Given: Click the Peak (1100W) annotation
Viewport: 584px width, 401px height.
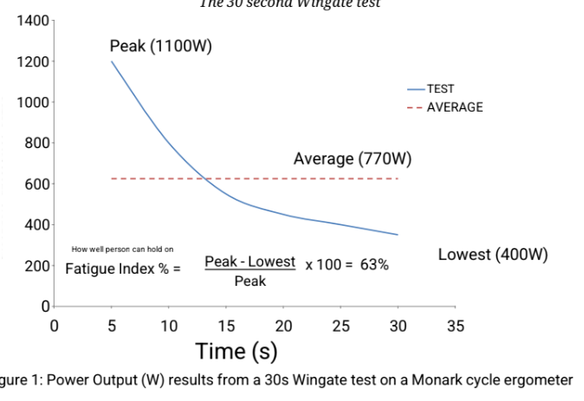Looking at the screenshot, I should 160,47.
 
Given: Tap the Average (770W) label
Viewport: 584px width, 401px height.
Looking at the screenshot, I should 352,158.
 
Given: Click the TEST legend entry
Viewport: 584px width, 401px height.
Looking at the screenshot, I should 440,88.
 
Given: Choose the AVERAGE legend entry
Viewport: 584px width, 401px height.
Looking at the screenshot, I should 454,107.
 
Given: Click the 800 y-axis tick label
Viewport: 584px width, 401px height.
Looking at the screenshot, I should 36,143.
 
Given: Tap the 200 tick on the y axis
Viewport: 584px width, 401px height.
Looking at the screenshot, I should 36,266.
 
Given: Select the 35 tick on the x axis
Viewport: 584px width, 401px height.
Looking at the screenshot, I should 456,326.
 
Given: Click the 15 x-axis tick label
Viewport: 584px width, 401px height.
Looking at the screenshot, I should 226,326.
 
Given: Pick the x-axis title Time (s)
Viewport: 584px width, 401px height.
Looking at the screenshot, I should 237,351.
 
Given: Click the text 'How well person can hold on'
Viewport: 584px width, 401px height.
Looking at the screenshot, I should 122,249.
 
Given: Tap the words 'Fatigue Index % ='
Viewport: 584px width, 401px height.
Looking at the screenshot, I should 123,268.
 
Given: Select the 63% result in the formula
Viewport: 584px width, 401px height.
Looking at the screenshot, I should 374,264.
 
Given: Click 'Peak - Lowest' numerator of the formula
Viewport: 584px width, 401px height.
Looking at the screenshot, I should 250,261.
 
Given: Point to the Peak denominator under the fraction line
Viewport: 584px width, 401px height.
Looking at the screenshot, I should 250,281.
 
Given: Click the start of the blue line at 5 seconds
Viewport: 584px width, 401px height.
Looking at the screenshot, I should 112,61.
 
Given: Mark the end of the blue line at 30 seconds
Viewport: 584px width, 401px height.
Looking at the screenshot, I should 398,235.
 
